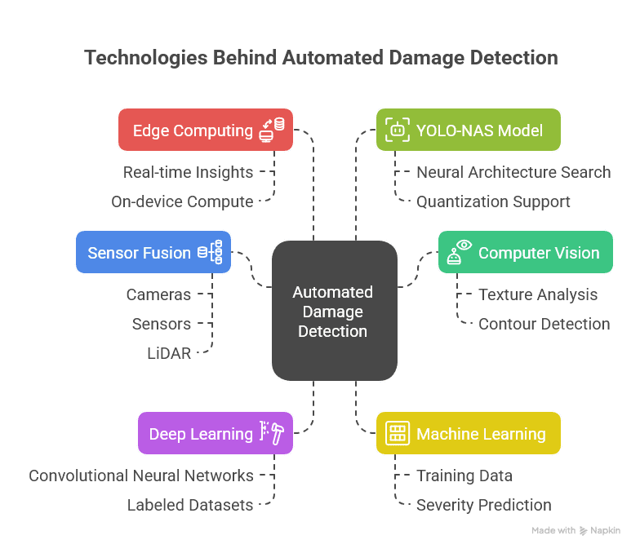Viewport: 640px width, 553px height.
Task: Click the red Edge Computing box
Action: [205, 130]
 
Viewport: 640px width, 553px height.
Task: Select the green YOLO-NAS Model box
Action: [468, 130]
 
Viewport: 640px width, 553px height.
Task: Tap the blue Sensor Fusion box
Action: [153, 252]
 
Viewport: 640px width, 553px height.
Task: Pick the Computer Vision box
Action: [525, 252]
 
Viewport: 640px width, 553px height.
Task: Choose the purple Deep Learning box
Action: [215, 433]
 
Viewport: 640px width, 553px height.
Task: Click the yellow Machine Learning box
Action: [468, 433]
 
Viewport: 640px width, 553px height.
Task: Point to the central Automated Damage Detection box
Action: [334, 311]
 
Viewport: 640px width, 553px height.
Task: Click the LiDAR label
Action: [168, 353]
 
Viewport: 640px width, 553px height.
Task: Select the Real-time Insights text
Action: [188, 172]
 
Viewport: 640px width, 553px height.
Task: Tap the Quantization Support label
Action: [493, 201]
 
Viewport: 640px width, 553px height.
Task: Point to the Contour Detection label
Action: [544, 324]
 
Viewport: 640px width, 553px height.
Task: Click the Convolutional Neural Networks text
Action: [141, 476]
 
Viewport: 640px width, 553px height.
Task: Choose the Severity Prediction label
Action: [483, 505]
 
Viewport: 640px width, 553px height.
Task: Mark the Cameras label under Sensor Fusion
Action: [158, 294]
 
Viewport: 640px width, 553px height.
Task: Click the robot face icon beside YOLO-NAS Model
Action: [398, 129]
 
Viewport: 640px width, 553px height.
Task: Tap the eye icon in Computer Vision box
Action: [464, 245]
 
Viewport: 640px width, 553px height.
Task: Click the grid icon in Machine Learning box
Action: [398, 433]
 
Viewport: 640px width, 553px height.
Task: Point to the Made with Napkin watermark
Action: [576, 530]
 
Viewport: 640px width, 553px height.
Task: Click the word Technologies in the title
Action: [135, 58]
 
